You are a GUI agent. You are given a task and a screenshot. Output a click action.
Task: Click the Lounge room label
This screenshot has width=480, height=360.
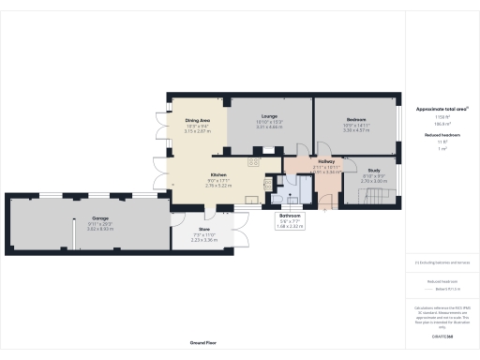coord(269,116)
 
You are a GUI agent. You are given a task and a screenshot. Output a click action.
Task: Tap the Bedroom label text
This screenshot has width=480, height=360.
coord(356,120)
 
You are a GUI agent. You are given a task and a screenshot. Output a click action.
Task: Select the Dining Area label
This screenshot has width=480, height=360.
coord(197,121)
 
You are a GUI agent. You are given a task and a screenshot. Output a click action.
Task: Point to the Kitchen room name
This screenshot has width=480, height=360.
coord(217,176)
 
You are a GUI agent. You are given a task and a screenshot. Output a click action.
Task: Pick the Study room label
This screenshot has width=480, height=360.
coord(361,171)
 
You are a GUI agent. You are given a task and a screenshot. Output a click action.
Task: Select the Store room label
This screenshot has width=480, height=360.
coord(203,229)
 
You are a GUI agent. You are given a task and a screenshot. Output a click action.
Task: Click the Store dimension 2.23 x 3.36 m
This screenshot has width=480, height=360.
coord(203,240)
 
